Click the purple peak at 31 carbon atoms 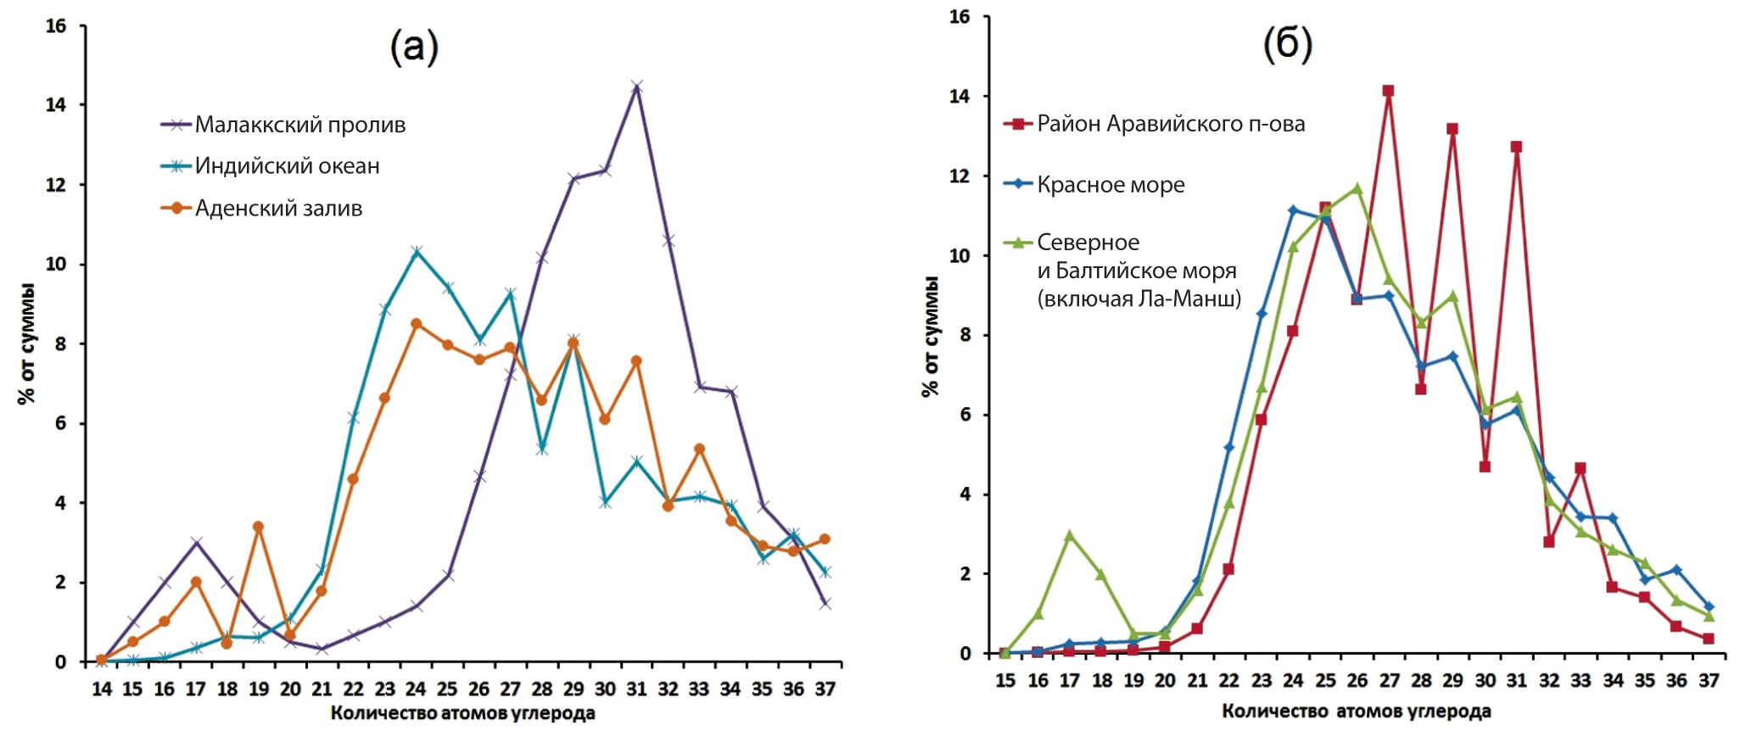click(636, 87)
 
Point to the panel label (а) click(414, 47)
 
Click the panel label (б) click(1287, 44)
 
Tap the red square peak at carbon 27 click(1388, 91)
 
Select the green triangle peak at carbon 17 click(1070, 535)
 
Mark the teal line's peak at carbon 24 click(417, 252)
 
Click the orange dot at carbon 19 click(259, 527)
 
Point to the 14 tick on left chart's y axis click(55, 105)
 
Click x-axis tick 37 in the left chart click(825, 689)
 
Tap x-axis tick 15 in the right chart click(1005, 680)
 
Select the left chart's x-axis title click(462, 713)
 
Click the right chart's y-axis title click(931, 337)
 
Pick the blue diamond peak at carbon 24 click(1293, 209)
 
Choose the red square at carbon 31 click(1516, 147)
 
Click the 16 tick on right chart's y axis click(959, 17)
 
